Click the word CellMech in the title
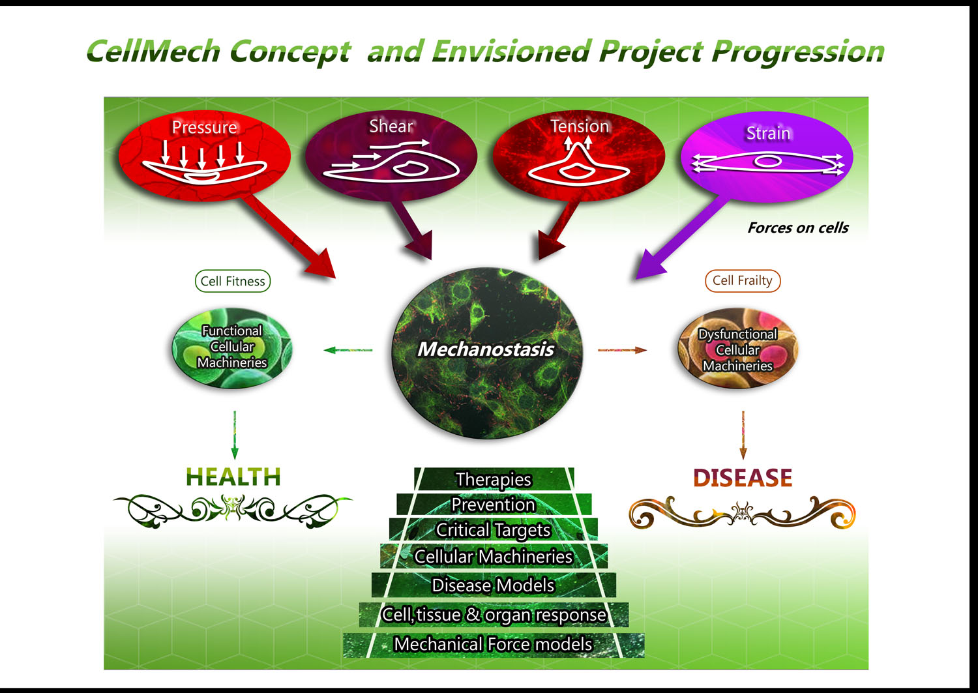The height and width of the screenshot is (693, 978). pyautogui.click(x=153, y=52)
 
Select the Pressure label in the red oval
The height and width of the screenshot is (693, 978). pyautogui.click(x=204, y=128)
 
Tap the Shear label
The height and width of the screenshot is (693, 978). pyautogui.click(x=391, y=126)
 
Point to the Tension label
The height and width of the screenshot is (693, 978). pyautogui.click(x=580, y=126)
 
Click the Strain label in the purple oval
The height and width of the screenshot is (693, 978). pyautogui.click(x=768, y=133)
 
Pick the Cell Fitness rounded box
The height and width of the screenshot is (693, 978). pyautogui.click(x=233, y=281)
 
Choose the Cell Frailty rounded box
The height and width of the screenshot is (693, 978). pyautogui.click(x=742, y=281)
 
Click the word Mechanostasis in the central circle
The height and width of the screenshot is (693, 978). pyautogui.click(x=486, y=349)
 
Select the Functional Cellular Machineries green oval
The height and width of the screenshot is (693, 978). pyautogui.click(x=232, y=348)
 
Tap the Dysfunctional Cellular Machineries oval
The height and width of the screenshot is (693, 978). pyautogui.click(x=738, y=349)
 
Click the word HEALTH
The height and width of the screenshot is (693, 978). pyautogui.click(x=233, y=477)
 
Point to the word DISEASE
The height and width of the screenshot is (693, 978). pyautogui.click(x=743, y=478)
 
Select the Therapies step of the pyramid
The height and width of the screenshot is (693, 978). pyautogui.click(x=494, y=479)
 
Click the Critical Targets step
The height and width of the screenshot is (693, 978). pyautogui.click(x=494, y=530)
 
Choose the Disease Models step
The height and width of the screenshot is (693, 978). pyautogui.click(x=494, y=585)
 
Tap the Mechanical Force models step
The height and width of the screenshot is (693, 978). pyautogui.click(x=494, y=645)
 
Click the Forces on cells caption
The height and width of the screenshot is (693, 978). pyautogui.click(x=798, y=228)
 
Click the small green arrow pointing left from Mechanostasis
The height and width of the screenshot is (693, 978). pyautogui.click(x=348, y=350)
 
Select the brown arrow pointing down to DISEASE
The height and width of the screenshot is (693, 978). pyautogui.click(x=743, y=435)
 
